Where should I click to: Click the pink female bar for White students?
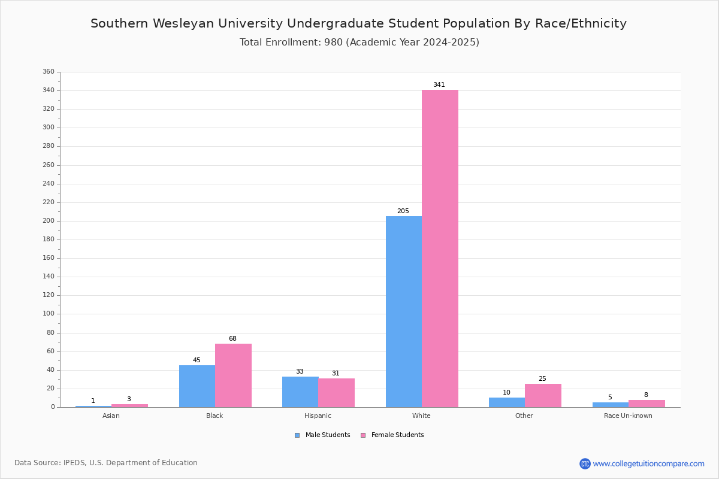[440, 248]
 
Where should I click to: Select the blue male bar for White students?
[404, 312]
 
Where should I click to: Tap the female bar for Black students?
[233, 375]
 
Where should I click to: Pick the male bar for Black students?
[197, 386]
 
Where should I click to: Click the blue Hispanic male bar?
[300, 392]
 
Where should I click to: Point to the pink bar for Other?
[543, 396]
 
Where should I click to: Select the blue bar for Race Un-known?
[611, 405]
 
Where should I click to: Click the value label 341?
[439, 84]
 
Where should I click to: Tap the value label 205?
[403, 211]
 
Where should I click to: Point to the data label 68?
[232, 338]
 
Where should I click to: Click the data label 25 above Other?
[542, 378]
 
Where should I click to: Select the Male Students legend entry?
[322, 435]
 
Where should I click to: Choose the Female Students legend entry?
[392, 435]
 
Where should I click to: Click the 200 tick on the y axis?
[49, 221]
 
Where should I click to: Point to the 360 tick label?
[49, 71]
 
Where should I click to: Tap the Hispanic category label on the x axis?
[318, 416]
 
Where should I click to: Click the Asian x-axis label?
[111, 416]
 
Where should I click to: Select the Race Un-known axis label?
[628, 416]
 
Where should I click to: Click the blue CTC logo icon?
[585, 463]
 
